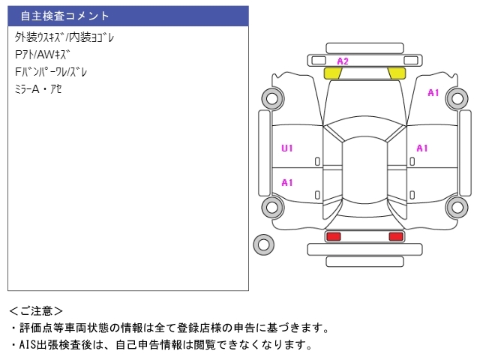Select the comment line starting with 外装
[x=64, y=37]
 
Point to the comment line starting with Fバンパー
[x=51, y=72]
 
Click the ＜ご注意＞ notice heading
[x=36, y=310]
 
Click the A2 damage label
[x=343, y=61]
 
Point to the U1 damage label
[x=287, y=148]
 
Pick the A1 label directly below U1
[x=287, y=182]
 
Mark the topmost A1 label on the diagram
[x=433, y=93]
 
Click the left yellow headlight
[x=332, y=73]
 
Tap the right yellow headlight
[x=396, y=73]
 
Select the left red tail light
[x=333, y=236]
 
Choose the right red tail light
[x=395, y=236]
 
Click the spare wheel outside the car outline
[x=263, y=244]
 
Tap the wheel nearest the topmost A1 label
[x=457, y=97]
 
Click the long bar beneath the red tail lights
[x=364, y=260]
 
